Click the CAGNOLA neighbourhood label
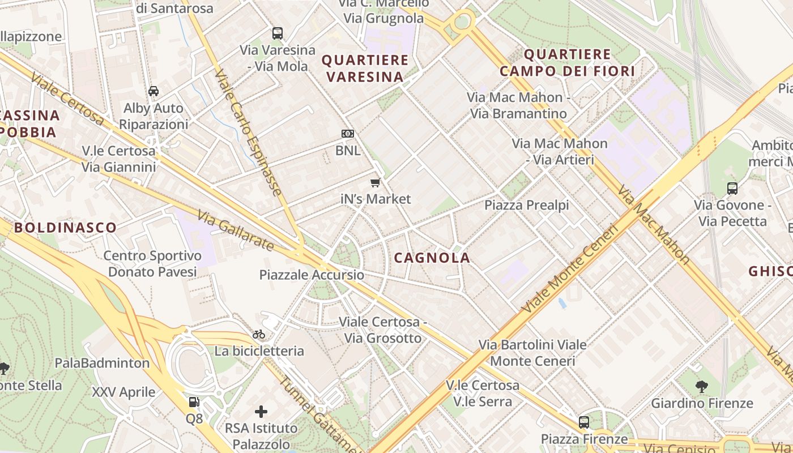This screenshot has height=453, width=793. (x=432, y=258)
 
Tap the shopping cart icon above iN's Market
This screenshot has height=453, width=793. (x=375, y=182)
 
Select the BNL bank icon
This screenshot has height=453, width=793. (x=348, y=134)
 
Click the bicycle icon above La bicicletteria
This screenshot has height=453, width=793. (x=259, y=334)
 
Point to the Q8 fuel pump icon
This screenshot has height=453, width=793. (x=194, y=402)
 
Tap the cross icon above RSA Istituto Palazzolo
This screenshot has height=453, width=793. (x=261, y=411)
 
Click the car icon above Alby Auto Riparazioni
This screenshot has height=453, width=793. (x=154, y=91)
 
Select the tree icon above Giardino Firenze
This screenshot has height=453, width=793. (x=702, y=387)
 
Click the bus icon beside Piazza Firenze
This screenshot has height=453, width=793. (x=583, y=422)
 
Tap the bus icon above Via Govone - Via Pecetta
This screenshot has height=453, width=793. (x=732, y=189)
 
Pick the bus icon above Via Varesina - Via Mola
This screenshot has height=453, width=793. (x=277, y=33)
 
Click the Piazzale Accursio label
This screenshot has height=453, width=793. (x=312, y=275)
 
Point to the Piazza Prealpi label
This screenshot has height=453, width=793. (x=526, y=205)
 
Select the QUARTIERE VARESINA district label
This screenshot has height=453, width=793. (x=365, y=68)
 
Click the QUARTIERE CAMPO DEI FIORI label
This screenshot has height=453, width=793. (x=567, y=63)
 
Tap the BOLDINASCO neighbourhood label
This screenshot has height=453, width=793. (x=66, y=228)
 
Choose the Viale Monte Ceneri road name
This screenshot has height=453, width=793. (x=569, y=269)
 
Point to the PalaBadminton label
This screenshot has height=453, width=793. (x=103, y=363)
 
